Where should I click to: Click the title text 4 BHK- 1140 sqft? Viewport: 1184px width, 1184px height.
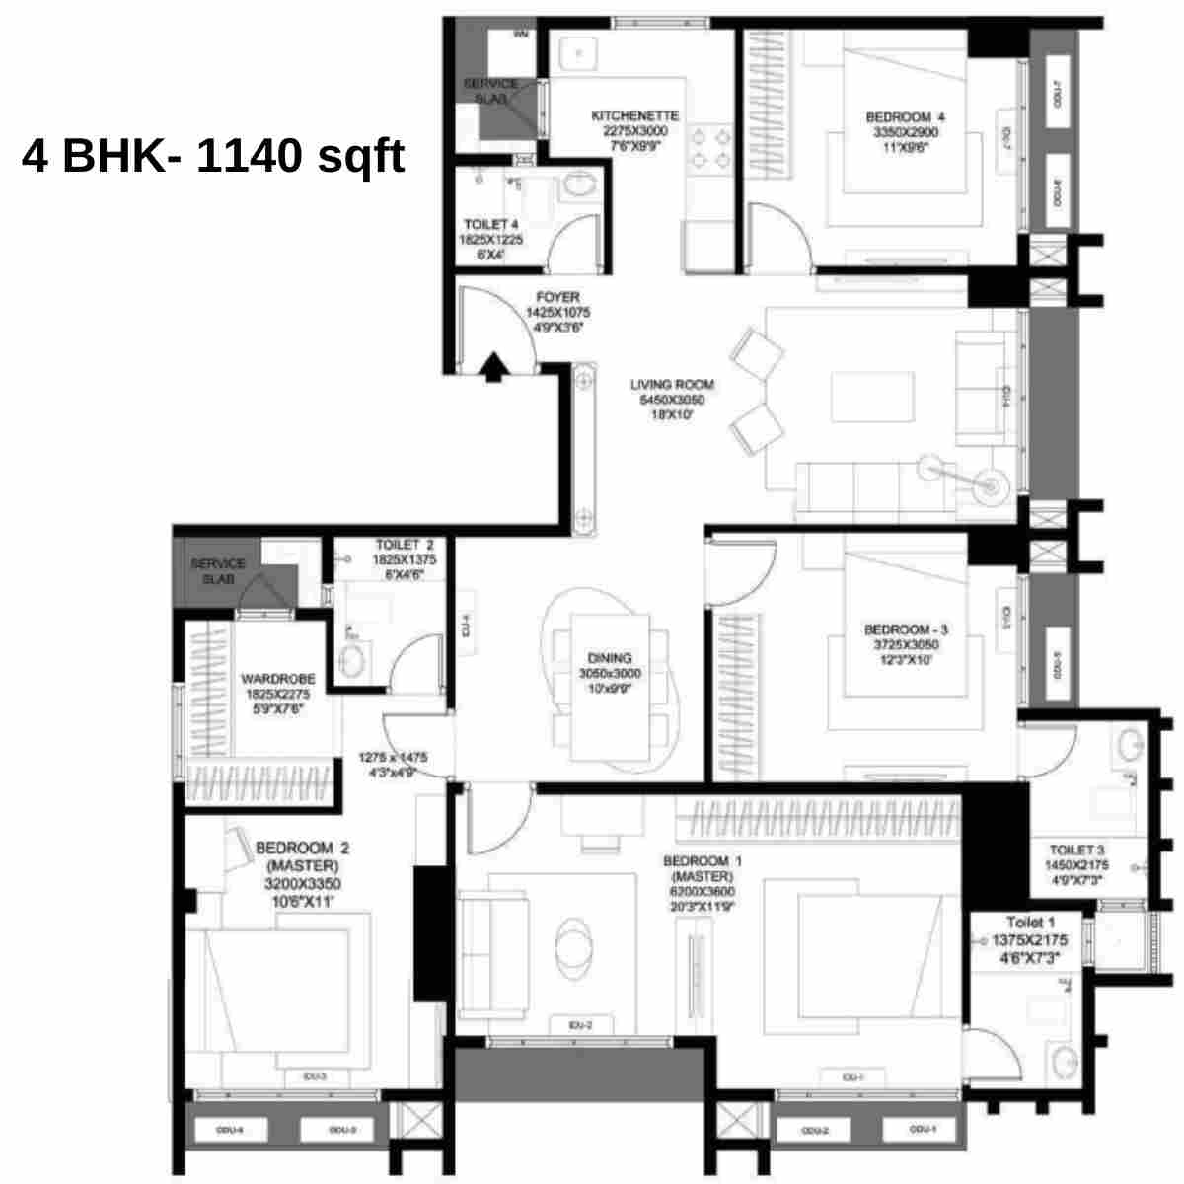point(213,156)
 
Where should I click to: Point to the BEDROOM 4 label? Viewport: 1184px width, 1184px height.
point(905,117)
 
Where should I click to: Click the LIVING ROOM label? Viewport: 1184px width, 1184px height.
point(672,385)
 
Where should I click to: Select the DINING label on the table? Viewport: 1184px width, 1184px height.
point(610,658)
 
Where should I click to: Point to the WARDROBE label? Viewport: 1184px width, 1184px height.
point(278,680)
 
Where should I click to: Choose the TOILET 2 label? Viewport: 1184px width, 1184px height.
point(404,545)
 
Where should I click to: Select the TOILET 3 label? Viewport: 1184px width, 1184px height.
point(1075,850)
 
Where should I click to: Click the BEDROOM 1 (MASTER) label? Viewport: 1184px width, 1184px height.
point(702,862)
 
